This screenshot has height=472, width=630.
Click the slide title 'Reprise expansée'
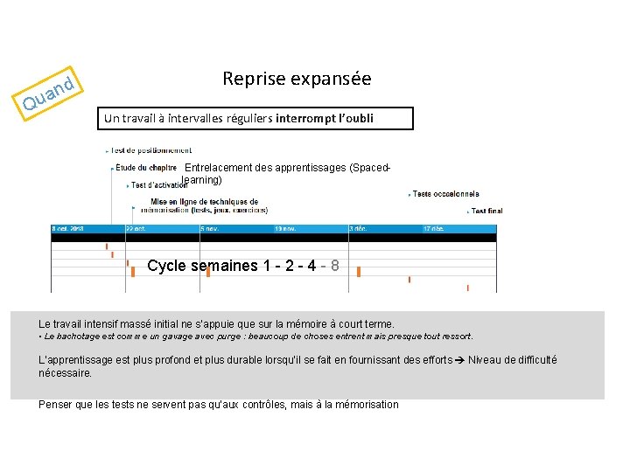click(x=297, y=79)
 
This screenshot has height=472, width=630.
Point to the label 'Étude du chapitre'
click(x=146, y=167)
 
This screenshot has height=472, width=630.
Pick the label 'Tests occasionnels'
click(x=445, y=193)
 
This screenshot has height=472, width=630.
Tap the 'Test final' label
click(x=486, y=211)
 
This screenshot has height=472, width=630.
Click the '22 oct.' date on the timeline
click(x=136, y=228)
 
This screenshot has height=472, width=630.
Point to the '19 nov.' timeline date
click(x=284, y=228)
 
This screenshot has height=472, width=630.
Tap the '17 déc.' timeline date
click(x=433, y=228)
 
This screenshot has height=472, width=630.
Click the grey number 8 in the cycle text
click(x=335, y=266)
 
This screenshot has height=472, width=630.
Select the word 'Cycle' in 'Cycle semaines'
click(x=166, y=266)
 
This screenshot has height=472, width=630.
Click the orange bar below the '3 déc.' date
click(x=359, y=272)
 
